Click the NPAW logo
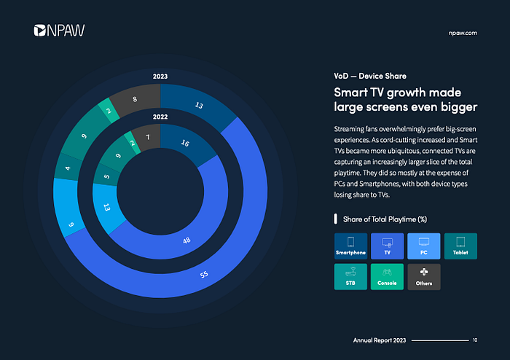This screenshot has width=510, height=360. [59, 31]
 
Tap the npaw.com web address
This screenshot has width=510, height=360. [463, 34]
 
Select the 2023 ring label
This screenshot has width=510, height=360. [160, 77]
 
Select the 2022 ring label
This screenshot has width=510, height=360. [160, 117]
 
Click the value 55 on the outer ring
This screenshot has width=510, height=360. [204, 275]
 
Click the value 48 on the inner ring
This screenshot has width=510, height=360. [187, 240]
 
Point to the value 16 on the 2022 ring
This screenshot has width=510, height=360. [185, 143]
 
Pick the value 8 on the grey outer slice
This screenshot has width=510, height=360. [135, 99]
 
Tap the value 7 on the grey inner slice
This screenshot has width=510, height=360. [148, 137]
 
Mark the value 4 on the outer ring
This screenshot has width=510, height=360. [68, 168]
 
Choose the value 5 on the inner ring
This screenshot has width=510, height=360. [106, 176]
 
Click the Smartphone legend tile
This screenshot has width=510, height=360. [350, 246]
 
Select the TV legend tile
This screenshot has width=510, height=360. [387, 246]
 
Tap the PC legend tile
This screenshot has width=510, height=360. [424, 246]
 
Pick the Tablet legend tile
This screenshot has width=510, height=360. [460, 246]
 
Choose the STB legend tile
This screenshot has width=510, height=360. [350, 277]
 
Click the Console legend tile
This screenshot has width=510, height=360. [387, 277]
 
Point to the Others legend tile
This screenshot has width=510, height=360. [424, 277]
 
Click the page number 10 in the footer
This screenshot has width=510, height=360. [475, 340]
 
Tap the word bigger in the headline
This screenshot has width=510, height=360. [458, 107]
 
